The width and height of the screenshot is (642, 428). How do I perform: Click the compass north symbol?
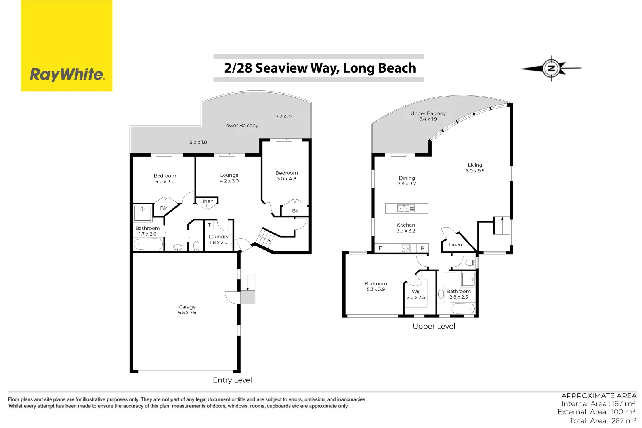(x=551, y=68)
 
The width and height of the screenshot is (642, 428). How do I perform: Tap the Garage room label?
(x=187, y=307)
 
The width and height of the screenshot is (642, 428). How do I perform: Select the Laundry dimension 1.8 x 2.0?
(x=218, y=243)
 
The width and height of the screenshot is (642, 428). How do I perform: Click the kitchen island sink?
(x=406, y=208)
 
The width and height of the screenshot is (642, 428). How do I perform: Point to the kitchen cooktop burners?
(x=406, y=248)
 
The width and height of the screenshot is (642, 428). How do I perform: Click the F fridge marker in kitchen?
(x=380, y=248)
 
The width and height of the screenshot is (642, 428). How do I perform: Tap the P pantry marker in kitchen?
(x=422, y=248)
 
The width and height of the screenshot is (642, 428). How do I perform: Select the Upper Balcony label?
(x=428, y=113)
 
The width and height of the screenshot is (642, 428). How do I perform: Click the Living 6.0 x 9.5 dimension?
(x=475, y=171)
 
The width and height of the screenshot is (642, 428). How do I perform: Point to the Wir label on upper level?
(x=416, y=292)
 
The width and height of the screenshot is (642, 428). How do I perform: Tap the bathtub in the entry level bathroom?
(x=149, y=245)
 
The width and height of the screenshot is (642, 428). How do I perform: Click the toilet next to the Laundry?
(x=196, y=246)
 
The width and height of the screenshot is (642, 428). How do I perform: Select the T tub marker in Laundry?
(x=210, y=225)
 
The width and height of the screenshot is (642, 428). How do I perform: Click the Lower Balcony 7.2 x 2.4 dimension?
(x=285, y=117)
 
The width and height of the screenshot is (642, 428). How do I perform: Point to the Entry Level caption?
(x=232, y=380)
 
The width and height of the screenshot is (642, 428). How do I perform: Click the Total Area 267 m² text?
(x=602, y=421)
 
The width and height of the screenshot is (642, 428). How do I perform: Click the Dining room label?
(x=407, y=178)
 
